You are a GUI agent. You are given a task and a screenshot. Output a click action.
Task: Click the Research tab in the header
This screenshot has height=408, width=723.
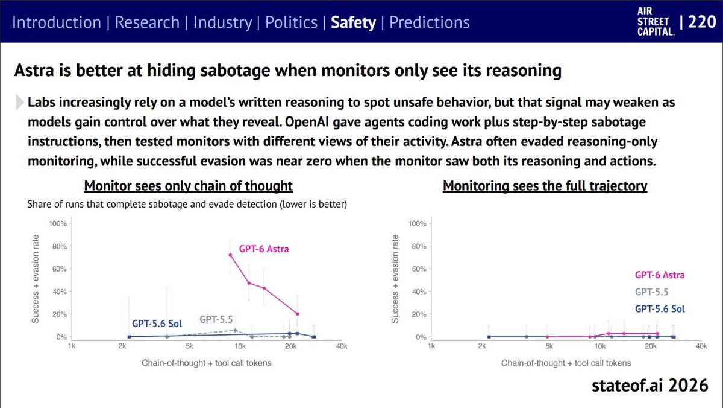coord(147,22)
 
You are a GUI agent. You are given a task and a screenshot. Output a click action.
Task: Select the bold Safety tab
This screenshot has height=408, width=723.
coord(353,22)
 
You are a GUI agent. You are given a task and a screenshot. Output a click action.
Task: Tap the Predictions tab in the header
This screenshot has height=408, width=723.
coord(429,22)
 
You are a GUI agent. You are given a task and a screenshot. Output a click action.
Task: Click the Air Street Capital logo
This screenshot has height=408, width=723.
coord(656,22)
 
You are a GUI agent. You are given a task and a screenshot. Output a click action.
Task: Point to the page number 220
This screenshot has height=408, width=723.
coord(702,22)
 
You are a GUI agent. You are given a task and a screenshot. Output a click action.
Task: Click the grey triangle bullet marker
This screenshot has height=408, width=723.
coord(20,102)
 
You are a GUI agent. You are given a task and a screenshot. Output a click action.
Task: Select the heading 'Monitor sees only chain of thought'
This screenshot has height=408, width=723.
coord(189,186)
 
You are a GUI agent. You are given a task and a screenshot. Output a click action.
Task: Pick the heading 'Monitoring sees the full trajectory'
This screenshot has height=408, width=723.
coord(545,186)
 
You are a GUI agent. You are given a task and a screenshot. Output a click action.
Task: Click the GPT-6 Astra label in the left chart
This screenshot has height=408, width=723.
coord(264,249)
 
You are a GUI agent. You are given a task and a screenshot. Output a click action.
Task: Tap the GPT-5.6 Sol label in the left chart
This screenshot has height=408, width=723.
coord(157,324)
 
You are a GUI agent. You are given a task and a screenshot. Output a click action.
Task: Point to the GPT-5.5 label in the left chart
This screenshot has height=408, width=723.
coord(216,319)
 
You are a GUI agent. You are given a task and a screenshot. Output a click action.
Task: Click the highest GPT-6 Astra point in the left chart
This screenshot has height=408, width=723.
coord(230,255)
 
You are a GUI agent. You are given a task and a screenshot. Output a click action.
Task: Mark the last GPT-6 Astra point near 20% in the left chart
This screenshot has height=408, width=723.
coord(297,314)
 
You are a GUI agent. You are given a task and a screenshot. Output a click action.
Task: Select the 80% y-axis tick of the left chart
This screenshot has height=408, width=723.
coord(60,246)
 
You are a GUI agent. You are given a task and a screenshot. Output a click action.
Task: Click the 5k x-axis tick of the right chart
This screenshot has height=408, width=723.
coord(549,346)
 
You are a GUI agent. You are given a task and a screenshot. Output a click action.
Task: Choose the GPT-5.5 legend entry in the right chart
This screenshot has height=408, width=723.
coord(651,292)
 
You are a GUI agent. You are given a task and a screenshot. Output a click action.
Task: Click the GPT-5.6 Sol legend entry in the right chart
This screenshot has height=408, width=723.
coord(660,309)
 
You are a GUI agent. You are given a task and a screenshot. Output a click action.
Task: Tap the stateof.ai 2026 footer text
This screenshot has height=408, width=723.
coord(649,386)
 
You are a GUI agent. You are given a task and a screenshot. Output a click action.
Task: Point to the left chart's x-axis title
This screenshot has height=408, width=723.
coord(207,363)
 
